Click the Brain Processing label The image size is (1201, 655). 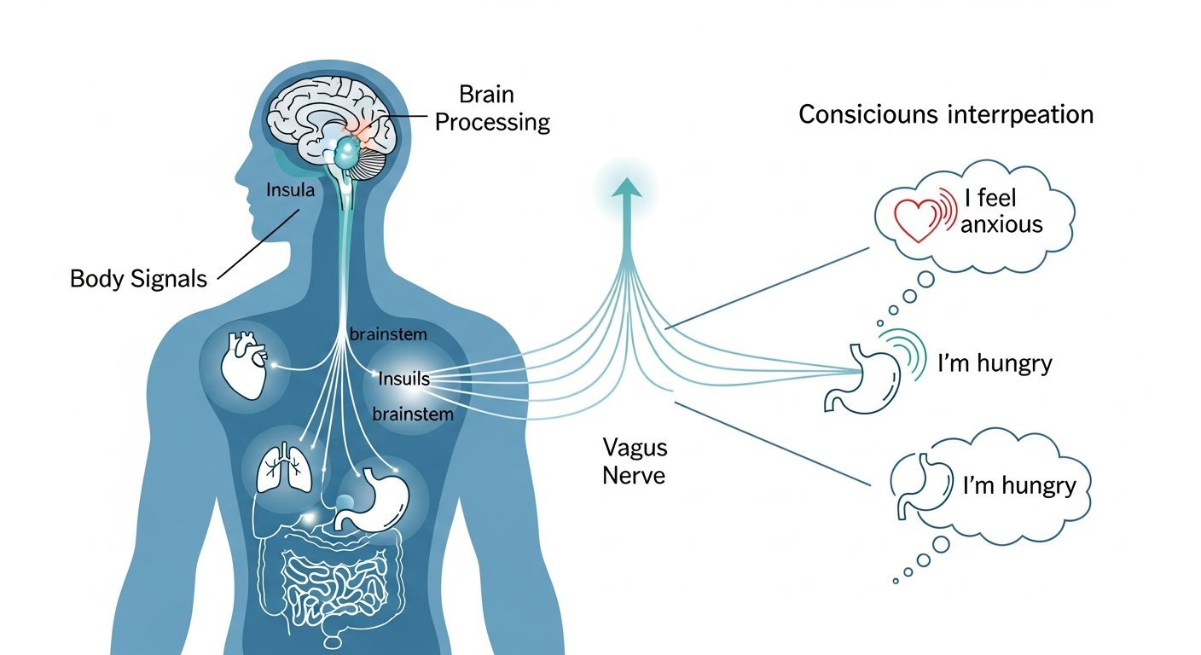point(492,108)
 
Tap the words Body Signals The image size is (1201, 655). point(138,279)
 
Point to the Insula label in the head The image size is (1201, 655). point(290,190)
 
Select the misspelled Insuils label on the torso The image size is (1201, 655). point(403,377)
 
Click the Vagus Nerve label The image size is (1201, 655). point(635,461)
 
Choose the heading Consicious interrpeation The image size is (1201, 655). point(946,114)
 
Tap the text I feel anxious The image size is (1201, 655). point(1003,212)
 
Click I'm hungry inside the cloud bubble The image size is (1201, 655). point(1018,486)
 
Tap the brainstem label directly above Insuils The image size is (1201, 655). point(388,335)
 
